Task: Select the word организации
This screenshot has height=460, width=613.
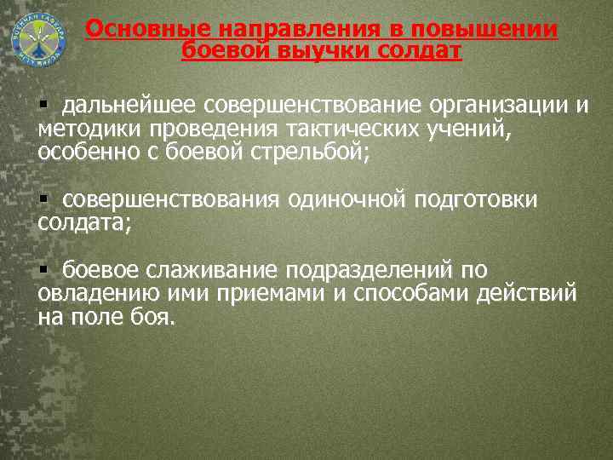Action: pos(486,106)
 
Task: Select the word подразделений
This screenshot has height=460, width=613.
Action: pos(370,271)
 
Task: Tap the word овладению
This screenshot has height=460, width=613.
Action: pos(89,295)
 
